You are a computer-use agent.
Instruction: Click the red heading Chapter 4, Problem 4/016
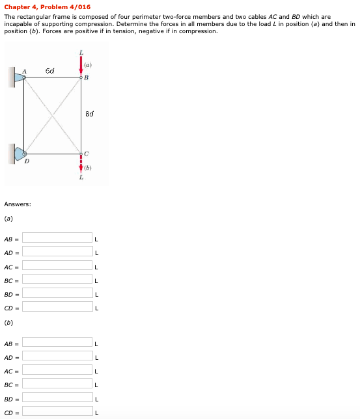point(47,7)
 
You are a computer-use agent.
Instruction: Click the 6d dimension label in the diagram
point(50,70)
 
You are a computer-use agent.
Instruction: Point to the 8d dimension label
point(90,115)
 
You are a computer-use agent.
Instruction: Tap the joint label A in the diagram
point(25,71)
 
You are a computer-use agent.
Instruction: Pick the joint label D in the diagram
point(27,160)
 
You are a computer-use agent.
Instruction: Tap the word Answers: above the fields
point(17,204)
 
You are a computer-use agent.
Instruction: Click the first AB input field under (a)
point(58,237)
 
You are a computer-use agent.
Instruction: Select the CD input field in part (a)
point(58,306)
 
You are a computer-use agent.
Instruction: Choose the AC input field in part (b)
point(58,370)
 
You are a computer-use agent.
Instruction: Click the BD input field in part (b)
point(58,398)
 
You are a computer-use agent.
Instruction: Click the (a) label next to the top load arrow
point(88,64)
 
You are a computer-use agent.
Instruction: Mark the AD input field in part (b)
point(58,357)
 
